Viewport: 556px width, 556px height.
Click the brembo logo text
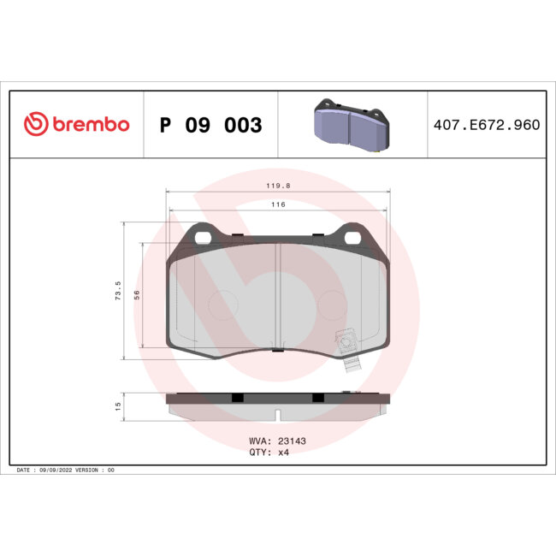(x=90, y=125)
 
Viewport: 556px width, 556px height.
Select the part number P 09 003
(x=210, y=125)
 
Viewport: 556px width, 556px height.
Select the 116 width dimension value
(x=278, y=204)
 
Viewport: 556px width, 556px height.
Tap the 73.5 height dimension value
(x=117, y=291)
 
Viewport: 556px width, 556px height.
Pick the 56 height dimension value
(x=136, y=294)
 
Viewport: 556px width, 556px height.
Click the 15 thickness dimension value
(x=117, y=406)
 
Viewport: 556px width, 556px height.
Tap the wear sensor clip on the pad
(x=347, y=346)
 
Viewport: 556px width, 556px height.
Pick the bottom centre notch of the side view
(x=278, y=417)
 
